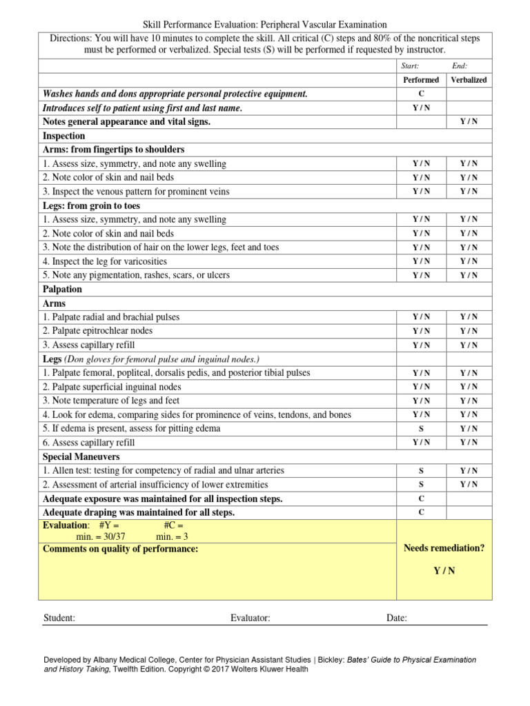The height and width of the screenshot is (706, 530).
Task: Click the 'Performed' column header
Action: coord(421,80)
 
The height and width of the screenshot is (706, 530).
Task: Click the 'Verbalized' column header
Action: coord(469,80)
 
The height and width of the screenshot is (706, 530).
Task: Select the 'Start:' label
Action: coord(410,66)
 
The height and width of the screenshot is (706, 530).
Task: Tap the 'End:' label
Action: coord(460,66)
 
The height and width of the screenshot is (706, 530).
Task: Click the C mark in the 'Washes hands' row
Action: coord(421,94)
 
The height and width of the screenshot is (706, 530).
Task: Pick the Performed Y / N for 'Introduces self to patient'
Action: coord(421,108)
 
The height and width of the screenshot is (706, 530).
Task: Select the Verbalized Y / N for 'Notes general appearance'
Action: coord(469,122)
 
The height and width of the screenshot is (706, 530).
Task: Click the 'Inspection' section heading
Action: coord(64,136)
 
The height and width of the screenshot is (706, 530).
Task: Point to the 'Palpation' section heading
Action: coord(62,290)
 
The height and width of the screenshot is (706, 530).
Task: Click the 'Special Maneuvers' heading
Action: coord(81,457)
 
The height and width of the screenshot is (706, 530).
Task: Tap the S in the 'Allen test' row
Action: coord(421,471)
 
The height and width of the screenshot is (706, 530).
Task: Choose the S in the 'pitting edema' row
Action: coord(421,429)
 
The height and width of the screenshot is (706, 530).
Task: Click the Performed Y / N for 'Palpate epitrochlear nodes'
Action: coord(421,331)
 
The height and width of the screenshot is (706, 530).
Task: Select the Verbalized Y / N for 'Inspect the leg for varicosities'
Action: coord(469,261)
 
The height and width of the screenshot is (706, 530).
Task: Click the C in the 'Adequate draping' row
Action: coord(421,512)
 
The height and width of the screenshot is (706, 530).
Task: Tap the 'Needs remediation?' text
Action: coord(444,548)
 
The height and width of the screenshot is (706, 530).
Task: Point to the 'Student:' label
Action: coord(59,618)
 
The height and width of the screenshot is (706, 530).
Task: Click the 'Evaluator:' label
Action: coord(250,618)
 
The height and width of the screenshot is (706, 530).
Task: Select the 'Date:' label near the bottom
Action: coord(397,618)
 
